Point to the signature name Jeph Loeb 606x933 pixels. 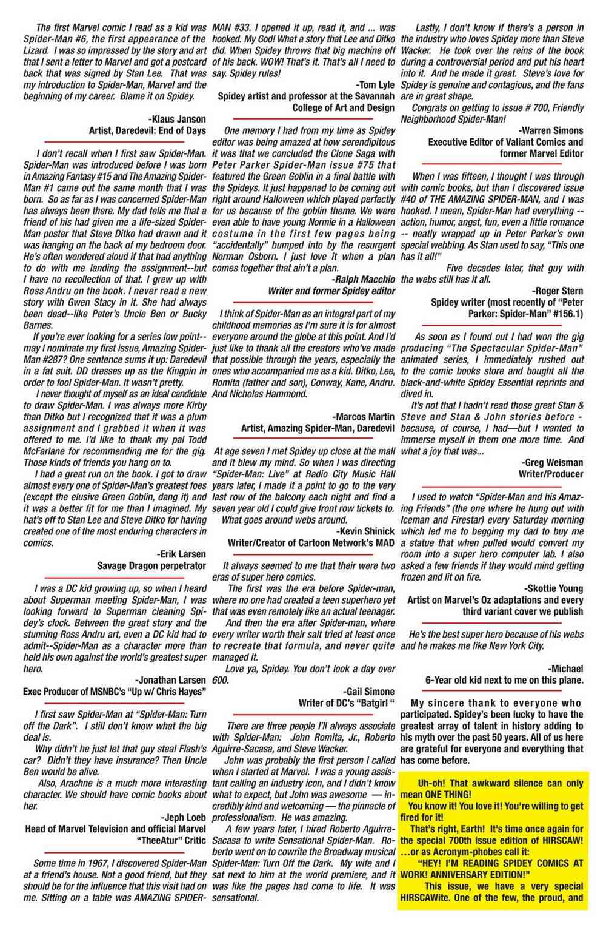click(183, 817)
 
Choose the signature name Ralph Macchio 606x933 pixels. click(364, 278)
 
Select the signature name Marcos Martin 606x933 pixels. click(364, 417)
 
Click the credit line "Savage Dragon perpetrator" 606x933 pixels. click(151, 565)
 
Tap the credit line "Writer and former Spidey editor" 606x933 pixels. click(331, 290)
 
